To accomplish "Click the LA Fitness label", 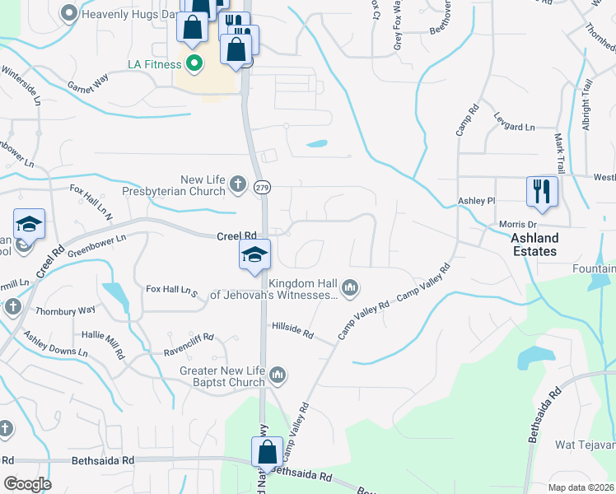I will pos(155,63).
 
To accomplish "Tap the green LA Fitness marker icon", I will pos(195,63).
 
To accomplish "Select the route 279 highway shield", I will pos(261,187).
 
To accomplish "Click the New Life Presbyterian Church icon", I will pos(238,184).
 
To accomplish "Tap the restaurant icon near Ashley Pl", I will pos(543,192).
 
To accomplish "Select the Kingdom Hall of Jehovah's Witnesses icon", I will pos(350,287).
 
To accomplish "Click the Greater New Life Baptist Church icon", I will pos(278,375).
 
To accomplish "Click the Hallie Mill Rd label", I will pos(103,343).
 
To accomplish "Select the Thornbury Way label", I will pos(65,310).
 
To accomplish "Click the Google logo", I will pos(27,484).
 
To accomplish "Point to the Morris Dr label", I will pos(518,224).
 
